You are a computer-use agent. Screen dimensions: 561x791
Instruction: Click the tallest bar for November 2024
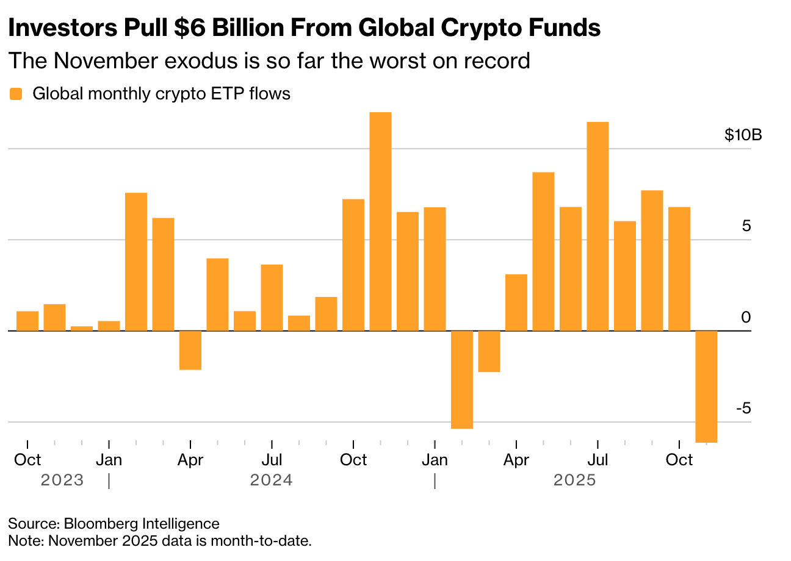coord(380,221)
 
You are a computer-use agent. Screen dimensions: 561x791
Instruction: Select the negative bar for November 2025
coord(706,386)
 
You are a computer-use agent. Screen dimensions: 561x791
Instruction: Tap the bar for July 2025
coord(598,226)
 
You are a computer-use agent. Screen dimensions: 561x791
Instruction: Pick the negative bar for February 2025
coord(462,379)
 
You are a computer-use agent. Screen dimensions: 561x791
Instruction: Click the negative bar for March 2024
coord(190,350)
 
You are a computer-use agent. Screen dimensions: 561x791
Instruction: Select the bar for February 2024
coord(136,262)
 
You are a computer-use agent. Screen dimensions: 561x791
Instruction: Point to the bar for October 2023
coord(27,321)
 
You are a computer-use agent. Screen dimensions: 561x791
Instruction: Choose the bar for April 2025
coord(516,302)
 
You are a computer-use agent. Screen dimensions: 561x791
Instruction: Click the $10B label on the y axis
coord(743,135)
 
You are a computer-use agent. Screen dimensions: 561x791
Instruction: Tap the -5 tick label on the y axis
coord(743,408)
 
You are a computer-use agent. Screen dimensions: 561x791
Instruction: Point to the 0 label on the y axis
coord(745,317)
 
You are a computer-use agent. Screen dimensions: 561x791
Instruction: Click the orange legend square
coord(16,94)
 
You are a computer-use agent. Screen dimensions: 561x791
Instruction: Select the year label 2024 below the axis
coord(271,481)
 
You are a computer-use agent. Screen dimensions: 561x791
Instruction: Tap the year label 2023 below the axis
coord(62,481)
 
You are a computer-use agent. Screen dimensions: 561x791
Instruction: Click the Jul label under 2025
coord(598,459)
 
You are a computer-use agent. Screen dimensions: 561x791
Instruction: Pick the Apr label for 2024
coord(190,459)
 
